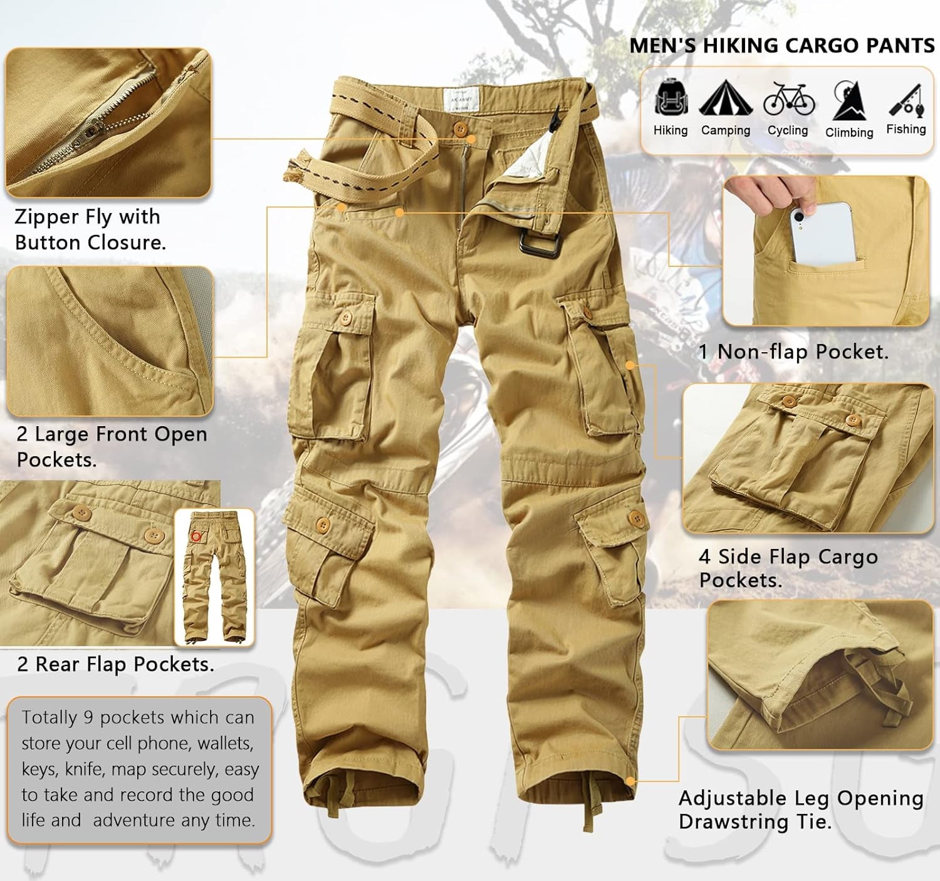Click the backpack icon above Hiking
(671, 96)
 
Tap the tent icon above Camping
(726, 98)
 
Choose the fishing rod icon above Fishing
(906, 100)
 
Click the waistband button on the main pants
(459, 128)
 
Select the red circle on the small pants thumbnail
(196, 536)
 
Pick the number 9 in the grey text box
(88, 717)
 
